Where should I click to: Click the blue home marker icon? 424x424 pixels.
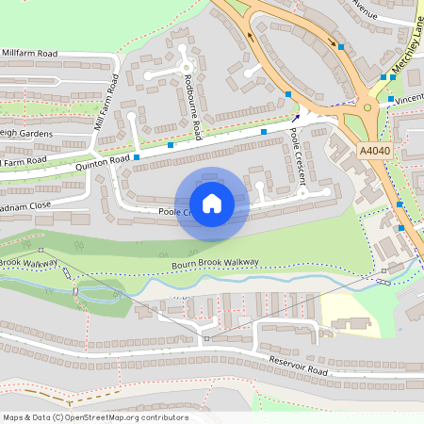[212, 203]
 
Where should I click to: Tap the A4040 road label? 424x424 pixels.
[373, 149]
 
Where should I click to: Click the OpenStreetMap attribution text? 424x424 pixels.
[94, 417]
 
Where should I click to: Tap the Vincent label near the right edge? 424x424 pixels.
[409, 98]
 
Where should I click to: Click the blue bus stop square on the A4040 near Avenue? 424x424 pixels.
[342, 47]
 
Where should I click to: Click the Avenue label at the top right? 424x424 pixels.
[364, 13]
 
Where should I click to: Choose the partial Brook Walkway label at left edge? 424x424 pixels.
[28, 264]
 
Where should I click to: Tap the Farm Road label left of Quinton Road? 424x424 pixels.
[24, 163]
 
